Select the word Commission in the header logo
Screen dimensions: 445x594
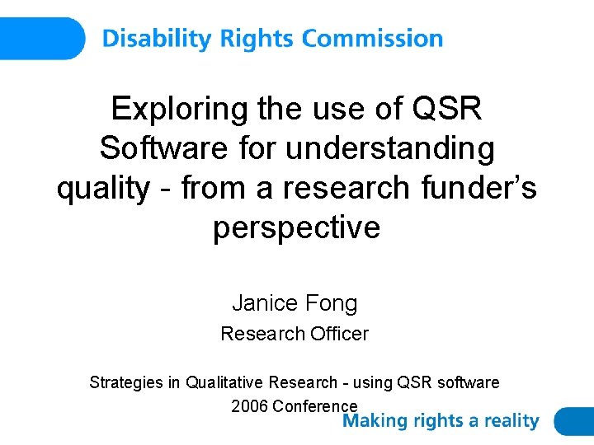(372, 39)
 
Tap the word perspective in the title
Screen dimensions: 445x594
(296, 227)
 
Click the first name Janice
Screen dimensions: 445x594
(263, 303)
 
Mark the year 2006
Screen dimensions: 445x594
(249, 405)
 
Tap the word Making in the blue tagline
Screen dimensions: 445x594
(375, 421)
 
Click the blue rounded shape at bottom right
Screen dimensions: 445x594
(574, 421)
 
